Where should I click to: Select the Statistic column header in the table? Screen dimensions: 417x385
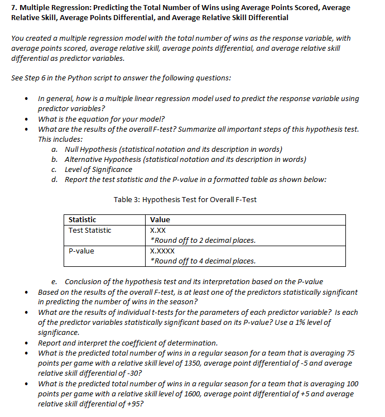tap(82, 220)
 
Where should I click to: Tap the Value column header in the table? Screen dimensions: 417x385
tap(160, 220)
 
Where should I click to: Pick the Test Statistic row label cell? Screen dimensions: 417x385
tap(90, 231)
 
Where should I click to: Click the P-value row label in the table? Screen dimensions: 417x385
tap(81, 251)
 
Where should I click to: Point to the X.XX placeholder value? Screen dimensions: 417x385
tap(158, 231)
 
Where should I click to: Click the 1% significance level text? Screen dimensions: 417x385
tap(295, 323)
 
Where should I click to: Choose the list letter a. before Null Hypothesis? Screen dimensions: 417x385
tap(54, 149)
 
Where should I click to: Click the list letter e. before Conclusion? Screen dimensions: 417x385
tap(54, 281)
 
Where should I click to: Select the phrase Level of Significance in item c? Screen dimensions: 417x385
tap(98, 169)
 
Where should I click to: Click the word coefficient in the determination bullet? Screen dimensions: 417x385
tap(121, 343)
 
